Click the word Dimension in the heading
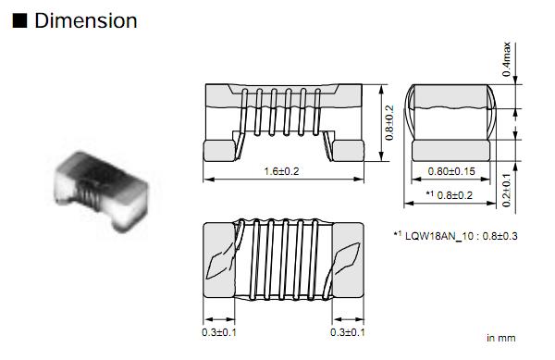coord(86,20)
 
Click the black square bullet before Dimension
coord(19,20)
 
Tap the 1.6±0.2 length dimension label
coord(282,171)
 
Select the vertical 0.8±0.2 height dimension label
coord(389,122)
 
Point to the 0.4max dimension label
coord(507,59)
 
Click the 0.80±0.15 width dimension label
coord(451,171)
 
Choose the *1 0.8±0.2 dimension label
coord(450,195)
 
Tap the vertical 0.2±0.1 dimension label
coord(507,190)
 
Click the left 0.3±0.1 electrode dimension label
coord(219,332)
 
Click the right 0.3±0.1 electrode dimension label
coord(348,332)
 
